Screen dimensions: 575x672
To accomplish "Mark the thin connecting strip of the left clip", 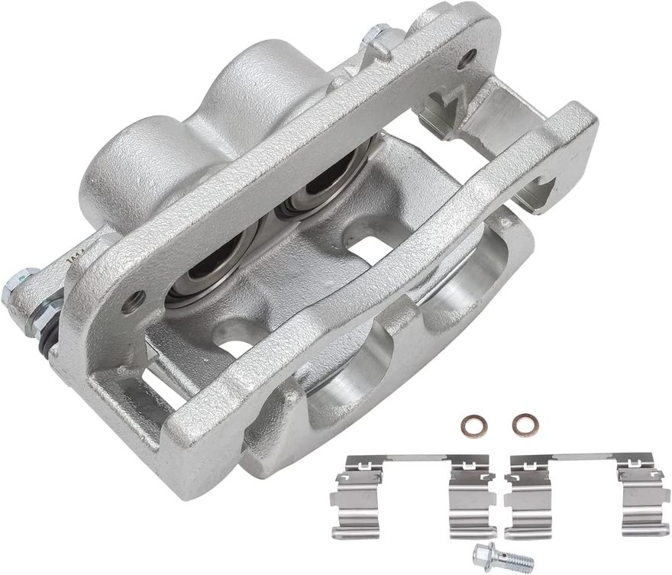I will coord(412,460).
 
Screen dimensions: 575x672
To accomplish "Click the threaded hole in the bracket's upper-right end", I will coord(467,55).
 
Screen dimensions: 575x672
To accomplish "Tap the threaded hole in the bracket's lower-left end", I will coord(135,299).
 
